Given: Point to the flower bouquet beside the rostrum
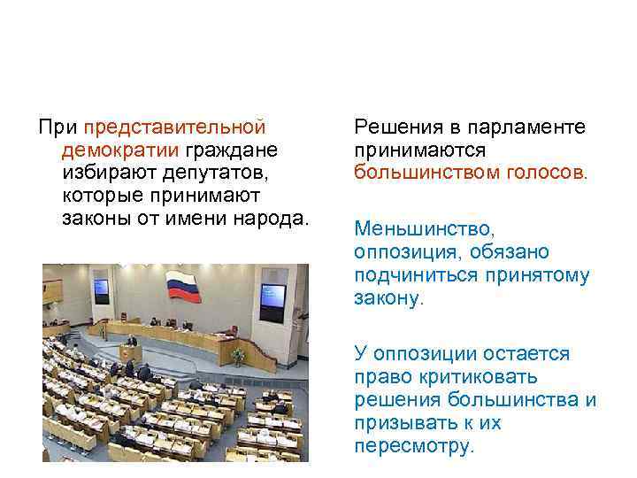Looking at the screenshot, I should click(x=237, y=355).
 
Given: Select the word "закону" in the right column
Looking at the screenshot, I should click(x=388, y=298).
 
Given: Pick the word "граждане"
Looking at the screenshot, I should click(x=233, y=150).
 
